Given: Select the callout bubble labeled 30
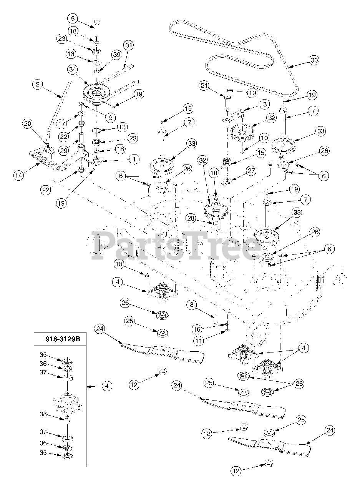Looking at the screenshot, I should tap(314, 60).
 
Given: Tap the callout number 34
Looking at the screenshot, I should tap(72, 70).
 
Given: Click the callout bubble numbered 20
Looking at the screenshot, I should tap(27, 123).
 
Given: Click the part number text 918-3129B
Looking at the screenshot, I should tap(62, 340).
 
